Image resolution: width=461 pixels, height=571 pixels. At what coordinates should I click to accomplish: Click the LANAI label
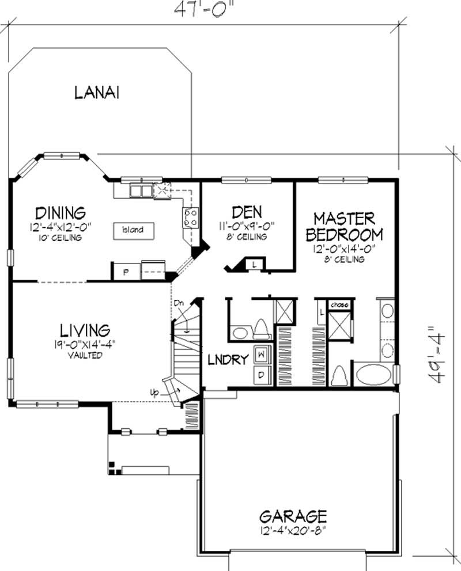click(x=96, y=93)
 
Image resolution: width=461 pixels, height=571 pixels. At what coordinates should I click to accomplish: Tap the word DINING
click(x=60, y=214)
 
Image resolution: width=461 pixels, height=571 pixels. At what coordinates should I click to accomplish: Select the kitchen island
click(x=133, y=230)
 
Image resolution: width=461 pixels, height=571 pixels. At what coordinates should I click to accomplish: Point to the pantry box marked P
click(x=126, y=272)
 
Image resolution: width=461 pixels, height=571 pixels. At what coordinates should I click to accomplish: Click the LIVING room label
click(x=85, y=330)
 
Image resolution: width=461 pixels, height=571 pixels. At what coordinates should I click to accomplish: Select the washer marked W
click(x=261, y=354)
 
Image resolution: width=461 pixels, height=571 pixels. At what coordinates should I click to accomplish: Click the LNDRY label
click(x=228, y=360)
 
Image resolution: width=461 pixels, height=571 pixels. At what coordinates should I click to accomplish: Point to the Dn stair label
click(x=179, y=302)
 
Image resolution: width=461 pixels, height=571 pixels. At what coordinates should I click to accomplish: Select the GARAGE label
click(x=293, y=515)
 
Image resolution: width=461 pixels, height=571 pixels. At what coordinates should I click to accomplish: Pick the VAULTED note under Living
click(x=85, y=355)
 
